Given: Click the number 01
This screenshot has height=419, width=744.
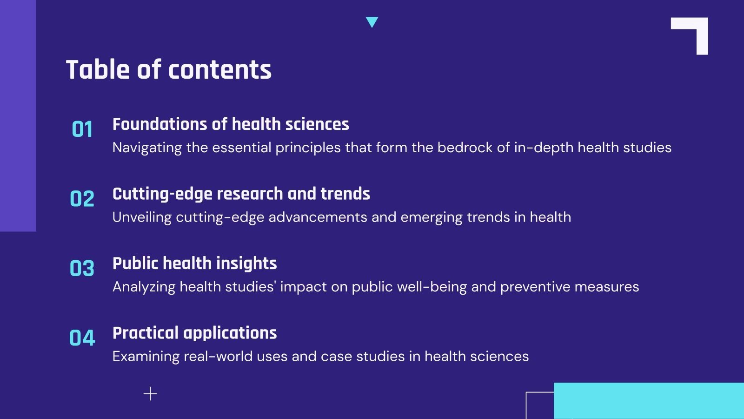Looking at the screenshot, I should [x=82, y=129].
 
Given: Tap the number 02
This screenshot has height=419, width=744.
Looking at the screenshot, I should [x=82, y=199].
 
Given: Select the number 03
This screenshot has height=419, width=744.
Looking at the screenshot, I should [x=82, y=269].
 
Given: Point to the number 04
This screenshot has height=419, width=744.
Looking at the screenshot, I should [x=82, y=338].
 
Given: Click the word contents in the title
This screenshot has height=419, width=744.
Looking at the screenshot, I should [x=219, y=70].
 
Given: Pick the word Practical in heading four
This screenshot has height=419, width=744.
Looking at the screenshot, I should [x=146, y=333].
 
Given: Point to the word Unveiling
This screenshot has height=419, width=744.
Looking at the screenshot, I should [x=142, y=217].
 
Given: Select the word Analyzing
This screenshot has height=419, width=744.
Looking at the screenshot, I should [x=144, y=287].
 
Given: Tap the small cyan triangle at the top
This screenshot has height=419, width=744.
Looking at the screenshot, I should [x=372, y=21].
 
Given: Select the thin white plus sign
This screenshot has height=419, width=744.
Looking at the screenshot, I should [x=150, y=394].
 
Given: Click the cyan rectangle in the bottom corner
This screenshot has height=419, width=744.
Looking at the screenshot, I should [x=649, y=401].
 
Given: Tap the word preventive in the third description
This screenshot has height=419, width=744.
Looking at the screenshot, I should [x=535, y=287].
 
